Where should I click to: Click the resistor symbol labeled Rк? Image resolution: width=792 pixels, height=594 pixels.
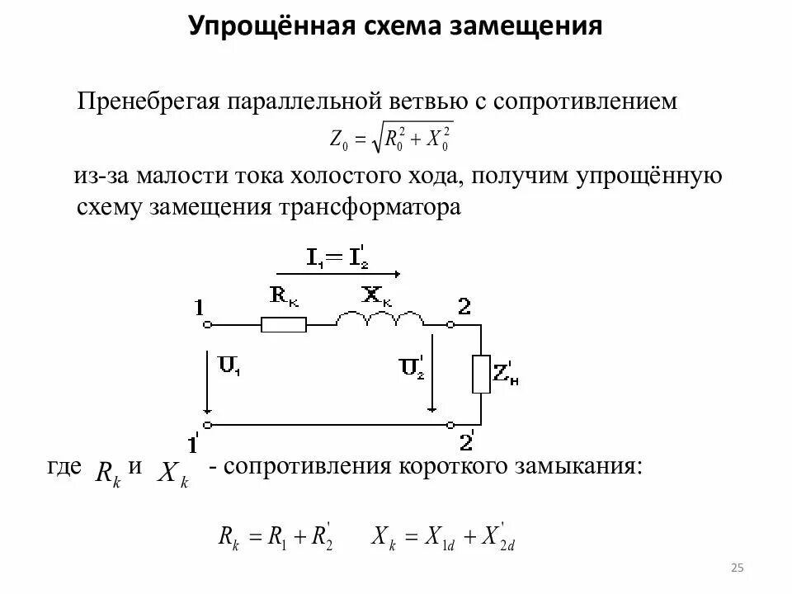[284, 325]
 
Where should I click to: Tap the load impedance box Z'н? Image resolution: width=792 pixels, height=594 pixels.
[480, 375]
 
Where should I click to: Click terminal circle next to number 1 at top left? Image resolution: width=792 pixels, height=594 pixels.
[207, 325]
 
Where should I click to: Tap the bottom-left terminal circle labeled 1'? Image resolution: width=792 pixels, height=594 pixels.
[207, 424]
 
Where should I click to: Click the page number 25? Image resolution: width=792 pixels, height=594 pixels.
[738, 567]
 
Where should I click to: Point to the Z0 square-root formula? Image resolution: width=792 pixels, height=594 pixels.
[391, 139]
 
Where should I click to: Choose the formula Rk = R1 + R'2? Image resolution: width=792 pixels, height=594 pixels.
[275, 536]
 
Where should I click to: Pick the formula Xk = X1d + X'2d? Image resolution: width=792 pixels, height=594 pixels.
[443, 536]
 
